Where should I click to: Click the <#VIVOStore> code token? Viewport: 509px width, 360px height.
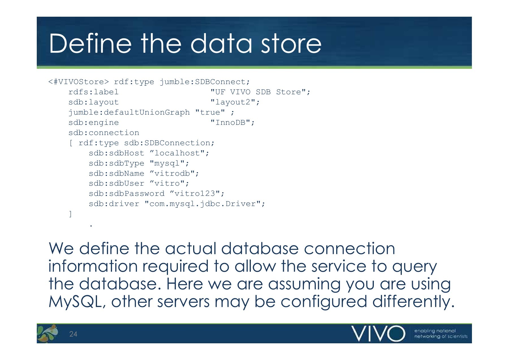79,82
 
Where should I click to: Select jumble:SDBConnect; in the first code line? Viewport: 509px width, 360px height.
205,82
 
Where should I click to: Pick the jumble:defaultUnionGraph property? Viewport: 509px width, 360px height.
129,112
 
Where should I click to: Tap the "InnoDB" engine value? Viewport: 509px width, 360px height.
231,123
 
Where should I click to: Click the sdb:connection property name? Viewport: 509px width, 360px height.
104,133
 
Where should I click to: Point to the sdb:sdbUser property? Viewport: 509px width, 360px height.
117,184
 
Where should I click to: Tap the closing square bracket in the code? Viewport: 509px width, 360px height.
70,214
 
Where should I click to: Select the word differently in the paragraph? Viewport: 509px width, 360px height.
413,302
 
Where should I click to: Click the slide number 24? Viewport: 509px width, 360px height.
73,334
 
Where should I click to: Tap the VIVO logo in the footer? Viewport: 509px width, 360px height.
378,334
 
